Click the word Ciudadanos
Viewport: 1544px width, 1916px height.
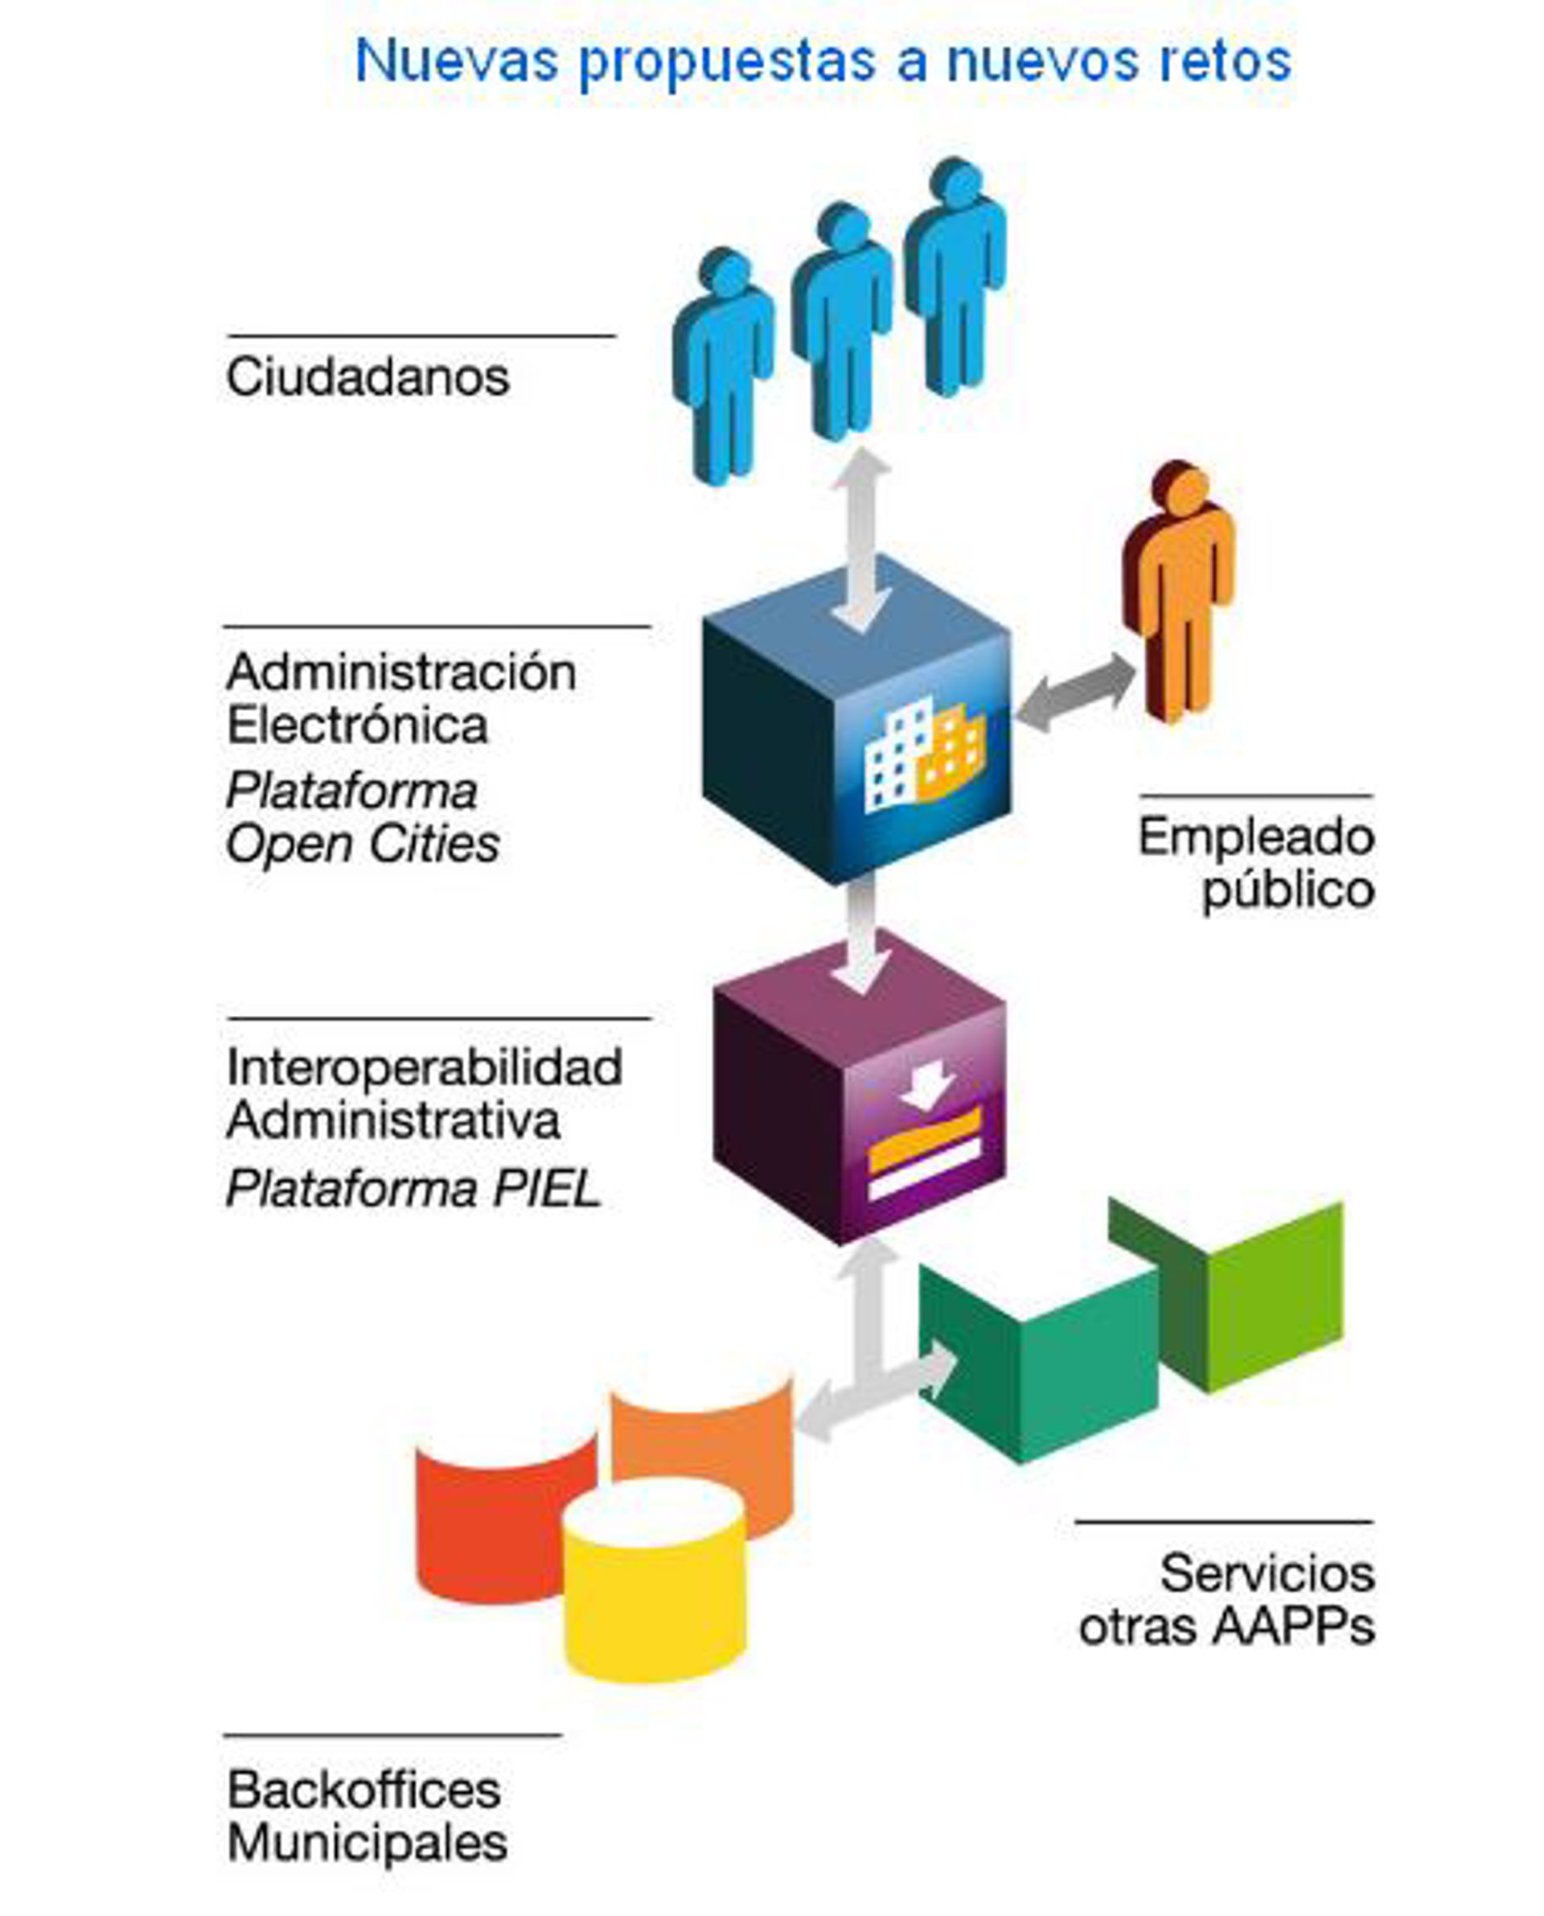[x=368, y=377]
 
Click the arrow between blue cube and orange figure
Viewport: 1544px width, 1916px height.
[x=1075, y=692]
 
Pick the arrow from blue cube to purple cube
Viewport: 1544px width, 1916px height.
[x=861, y=934]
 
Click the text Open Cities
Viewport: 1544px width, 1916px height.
[x=363, y=844]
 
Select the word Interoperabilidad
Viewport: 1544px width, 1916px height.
[x=425, y=1067]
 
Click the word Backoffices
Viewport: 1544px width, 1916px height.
[x=363, y=1790]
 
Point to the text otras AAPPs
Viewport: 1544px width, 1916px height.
[x=1226, y=1627]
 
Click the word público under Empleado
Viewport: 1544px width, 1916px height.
[x=1287, y=890]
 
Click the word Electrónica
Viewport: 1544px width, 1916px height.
[x=358, y=726]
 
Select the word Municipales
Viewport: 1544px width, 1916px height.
[x=368, y=1843]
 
